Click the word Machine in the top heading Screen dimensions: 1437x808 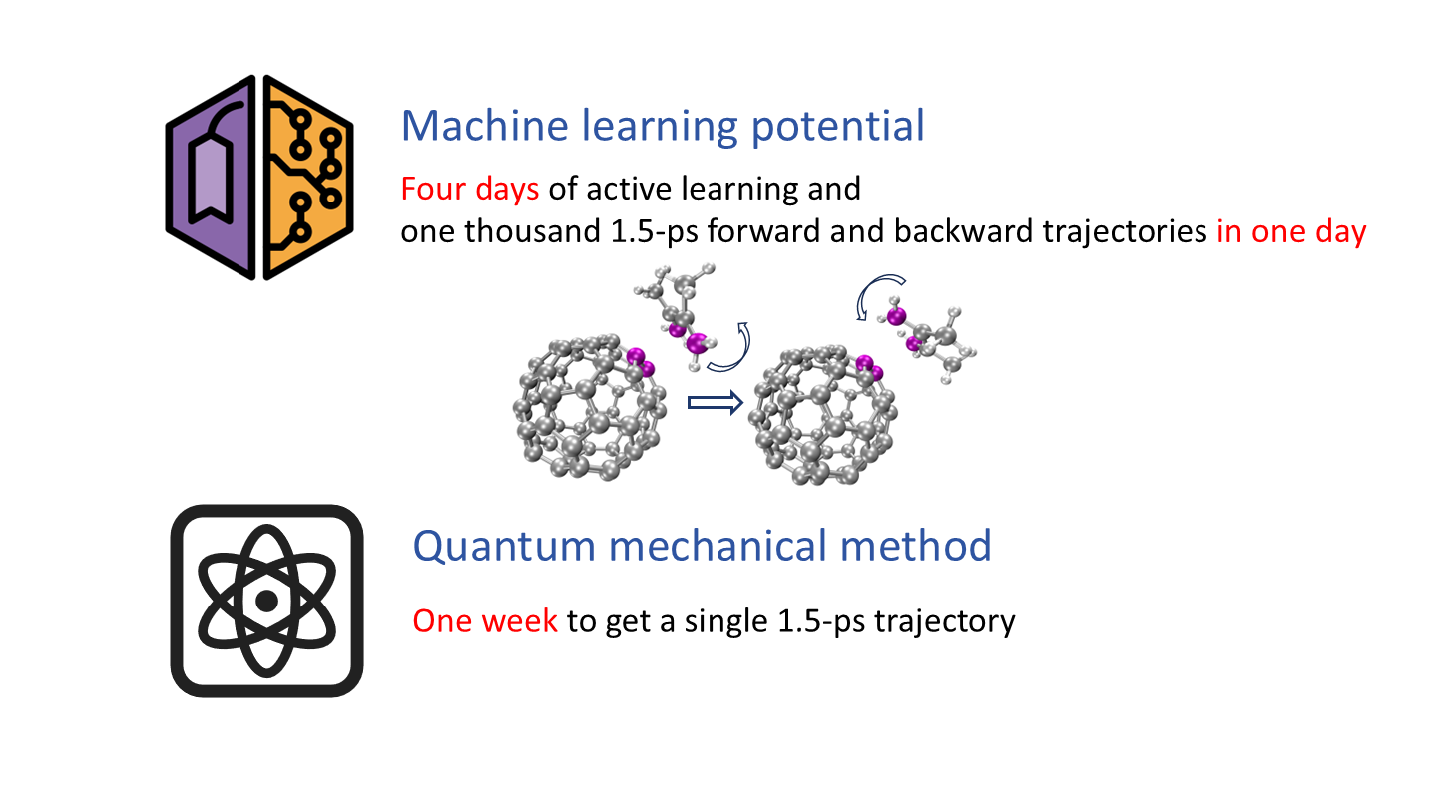[484, 125]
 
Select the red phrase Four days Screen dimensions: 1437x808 [470, 190]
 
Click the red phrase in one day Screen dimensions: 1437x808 [1291, 231]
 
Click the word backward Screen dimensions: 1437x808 [964, 231]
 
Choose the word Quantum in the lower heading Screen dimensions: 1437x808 [504, 547]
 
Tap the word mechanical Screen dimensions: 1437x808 [718, 546]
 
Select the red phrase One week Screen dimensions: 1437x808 [485, 621]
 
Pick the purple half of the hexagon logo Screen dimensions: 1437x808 [211, 178]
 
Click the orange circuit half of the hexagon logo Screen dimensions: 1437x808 [308, 178]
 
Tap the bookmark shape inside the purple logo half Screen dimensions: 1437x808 [210, 179]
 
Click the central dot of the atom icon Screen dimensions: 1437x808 [266, 601]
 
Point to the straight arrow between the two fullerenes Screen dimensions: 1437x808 [716, 403]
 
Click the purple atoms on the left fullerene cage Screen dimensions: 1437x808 [641, 362]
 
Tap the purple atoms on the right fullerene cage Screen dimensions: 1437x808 [870, 368]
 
